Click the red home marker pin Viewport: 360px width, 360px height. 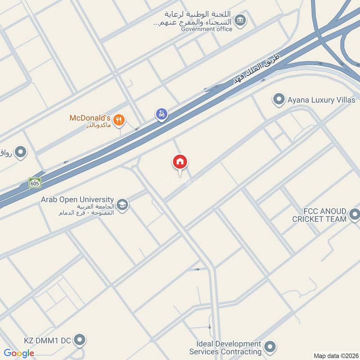(x=180, y=162)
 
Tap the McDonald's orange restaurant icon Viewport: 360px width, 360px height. (x=119, y=119)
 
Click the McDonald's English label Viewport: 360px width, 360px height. (x=89, y=118)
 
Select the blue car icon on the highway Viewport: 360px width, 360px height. (x=161, y=114)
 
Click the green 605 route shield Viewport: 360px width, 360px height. (x=35, y=183)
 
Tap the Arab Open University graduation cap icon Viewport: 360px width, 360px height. (x=122, y=205)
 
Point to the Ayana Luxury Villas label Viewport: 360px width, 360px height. (x=321, y=100)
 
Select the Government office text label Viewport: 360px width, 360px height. (x=207, y=29)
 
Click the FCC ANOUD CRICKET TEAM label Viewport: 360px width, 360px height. (x=319, y=215)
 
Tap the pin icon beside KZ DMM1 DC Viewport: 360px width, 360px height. (x=79, y=340)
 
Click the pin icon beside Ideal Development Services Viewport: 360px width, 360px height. (x=270, y=346)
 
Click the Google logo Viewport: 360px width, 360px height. (x=19, y=353)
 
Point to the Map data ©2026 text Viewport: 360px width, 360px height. (x=335, y=355)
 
